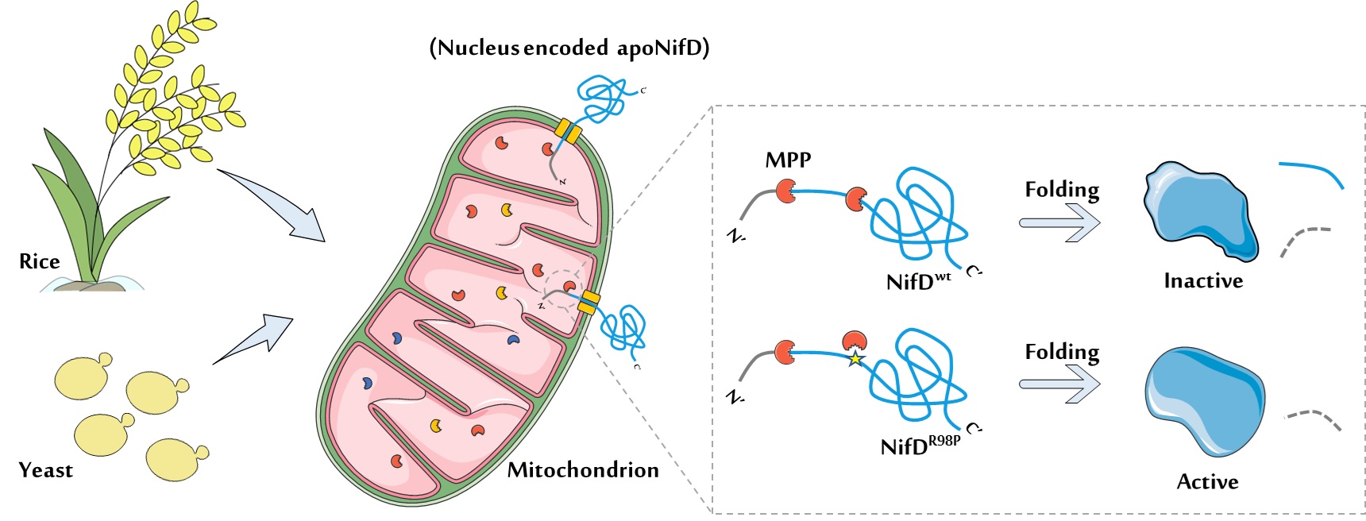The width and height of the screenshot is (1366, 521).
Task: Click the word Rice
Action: click(39, 261)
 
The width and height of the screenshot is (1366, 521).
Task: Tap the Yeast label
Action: click(45, 470)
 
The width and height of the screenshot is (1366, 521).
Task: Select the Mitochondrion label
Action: click(583, 470)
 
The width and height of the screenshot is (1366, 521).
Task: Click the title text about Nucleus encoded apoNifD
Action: click(569, 48)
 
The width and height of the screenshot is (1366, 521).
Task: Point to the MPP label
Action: click(788, 160)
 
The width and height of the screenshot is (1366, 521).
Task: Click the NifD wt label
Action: click(918, 281)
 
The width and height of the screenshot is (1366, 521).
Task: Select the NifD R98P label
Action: click(920, 445)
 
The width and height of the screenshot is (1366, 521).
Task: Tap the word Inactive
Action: click(1203, 280)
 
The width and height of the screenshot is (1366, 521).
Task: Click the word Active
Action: click(1207, 481)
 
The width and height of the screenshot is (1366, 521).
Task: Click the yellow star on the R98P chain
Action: click(855, 359)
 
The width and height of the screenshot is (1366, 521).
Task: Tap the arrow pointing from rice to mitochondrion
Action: click(274, 206)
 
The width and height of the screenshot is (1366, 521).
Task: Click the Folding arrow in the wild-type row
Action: click(1060, 222)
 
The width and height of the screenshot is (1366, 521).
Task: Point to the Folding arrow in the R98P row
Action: click(1060, 384)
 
